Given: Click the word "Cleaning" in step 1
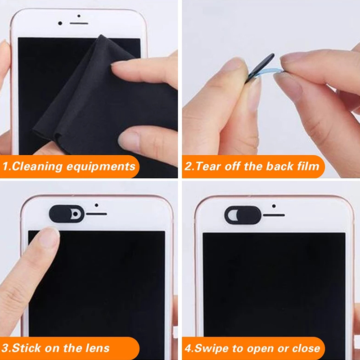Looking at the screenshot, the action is click(37, 166).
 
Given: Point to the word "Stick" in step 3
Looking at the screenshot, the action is click(27, 348).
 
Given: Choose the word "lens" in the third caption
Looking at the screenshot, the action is click(98, 348).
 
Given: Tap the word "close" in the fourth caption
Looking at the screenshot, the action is click(306, 348).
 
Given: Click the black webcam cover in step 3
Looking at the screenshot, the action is click(67, 214).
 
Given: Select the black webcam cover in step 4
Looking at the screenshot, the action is click(243, 215).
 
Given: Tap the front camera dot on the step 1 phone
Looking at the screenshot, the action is click(60, 23).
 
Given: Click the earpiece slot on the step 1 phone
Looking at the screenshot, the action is click(79, 23).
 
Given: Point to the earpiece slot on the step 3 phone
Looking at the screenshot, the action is click(96, 214).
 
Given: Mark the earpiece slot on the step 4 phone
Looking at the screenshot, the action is click(274, 215).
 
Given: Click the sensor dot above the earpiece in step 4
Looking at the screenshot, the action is click(274, 206).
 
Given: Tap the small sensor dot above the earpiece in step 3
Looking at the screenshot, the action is click(96, 205).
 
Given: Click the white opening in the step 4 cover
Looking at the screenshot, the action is click(232, 215).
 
